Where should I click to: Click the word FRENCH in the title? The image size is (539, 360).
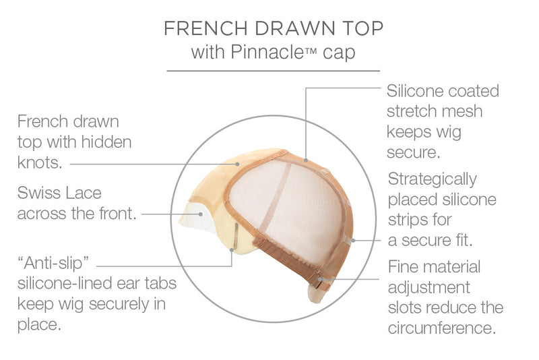click(205, 28)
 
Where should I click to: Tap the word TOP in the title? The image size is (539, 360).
click(363, 28)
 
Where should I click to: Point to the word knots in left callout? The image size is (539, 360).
click(40, 162)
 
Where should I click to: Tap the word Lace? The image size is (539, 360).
click(83, 193)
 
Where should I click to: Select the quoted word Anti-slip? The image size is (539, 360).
click(53, 264)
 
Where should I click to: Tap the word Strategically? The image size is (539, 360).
click(432, 180)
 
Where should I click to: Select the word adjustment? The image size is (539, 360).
click(429, 287)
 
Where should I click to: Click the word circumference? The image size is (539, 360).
click(442, 328)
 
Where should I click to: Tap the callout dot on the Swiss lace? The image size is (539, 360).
click(200, 214)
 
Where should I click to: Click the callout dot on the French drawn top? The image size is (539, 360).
click(237, 164)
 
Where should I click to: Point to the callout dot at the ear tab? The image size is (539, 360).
click(232, 250)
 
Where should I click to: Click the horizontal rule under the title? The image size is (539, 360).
click(274, 71)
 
